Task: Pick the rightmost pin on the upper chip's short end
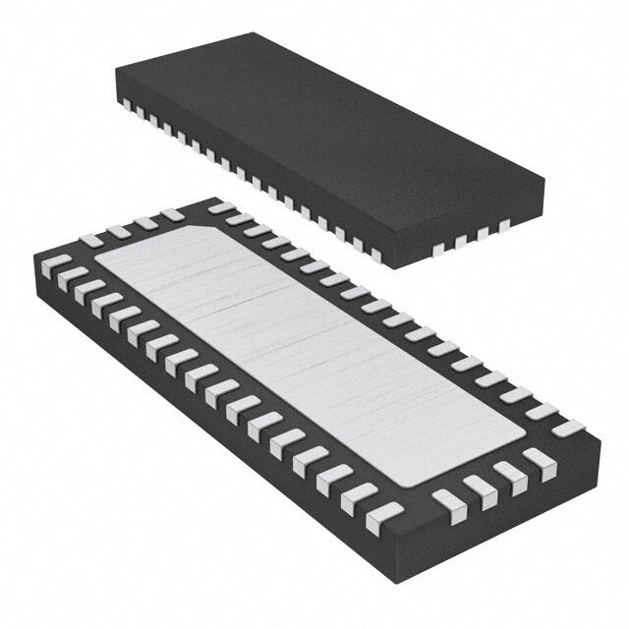(x=505, y=227)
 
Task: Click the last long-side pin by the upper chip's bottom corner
(x=375, y=255)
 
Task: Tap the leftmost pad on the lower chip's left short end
(x=91, y=240)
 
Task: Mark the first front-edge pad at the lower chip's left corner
(x=56, y=263)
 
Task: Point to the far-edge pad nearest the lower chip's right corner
(x=568, y=428)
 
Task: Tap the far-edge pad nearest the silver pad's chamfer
(x=221, y=208)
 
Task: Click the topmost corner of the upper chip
(x=257, y=34)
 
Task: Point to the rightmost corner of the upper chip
(x=543, y=180)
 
